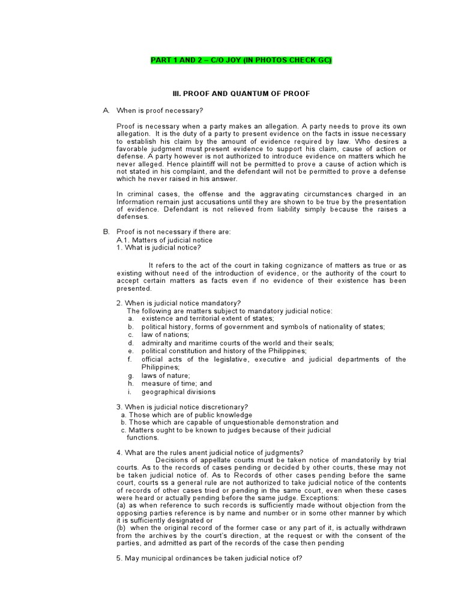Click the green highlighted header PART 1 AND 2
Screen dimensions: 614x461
(240, 61)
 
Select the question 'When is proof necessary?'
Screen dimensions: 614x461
(160, 110)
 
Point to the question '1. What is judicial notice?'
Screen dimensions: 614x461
(158, 248)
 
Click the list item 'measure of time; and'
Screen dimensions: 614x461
(176, 383)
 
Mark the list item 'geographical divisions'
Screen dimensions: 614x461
(178, 392)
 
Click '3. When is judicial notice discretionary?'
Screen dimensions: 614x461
(182, 407)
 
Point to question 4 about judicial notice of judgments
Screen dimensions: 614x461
(209, 452)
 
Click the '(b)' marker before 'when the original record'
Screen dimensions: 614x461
(121, 528)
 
